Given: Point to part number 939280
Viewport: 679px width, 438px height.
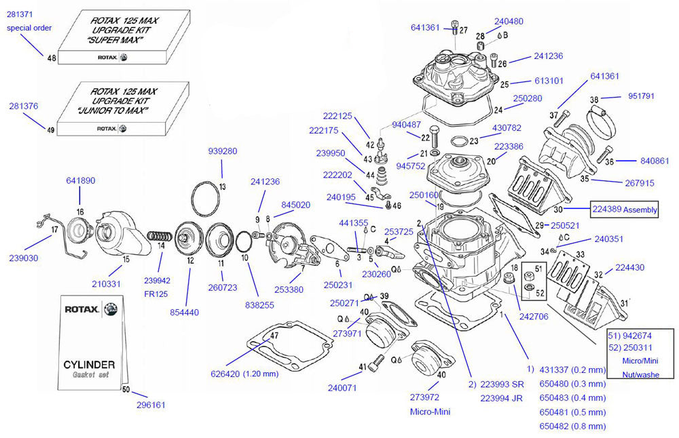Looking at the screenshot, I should click(222, 151).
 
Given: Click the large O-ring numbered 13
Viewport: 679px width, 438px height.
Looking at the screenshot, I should click(206, 200).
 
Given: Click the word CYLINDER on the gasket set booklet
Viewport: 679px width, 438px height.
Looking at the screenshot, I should click(89, 365).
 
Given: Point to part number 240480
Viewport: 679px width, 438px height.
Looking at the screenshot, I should click(509, 21).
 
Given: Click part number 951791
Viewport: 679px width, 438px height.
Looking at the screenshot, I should click(641, 96).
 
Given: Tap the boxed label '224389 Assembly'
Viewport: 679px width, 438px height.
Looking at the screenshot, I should click(624, 210).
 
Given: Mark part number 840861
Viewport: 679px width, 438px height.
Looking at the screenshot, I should click(655, 161).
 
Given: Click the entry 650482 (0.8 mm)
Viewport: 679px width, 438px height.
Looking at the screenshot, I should click(572, 426).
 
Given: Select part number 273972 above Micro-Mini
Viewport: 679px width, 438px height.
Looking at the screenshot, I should click(426, 397).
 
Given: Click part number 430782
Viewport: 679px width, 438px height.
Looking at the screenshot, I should click(507, 127).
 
